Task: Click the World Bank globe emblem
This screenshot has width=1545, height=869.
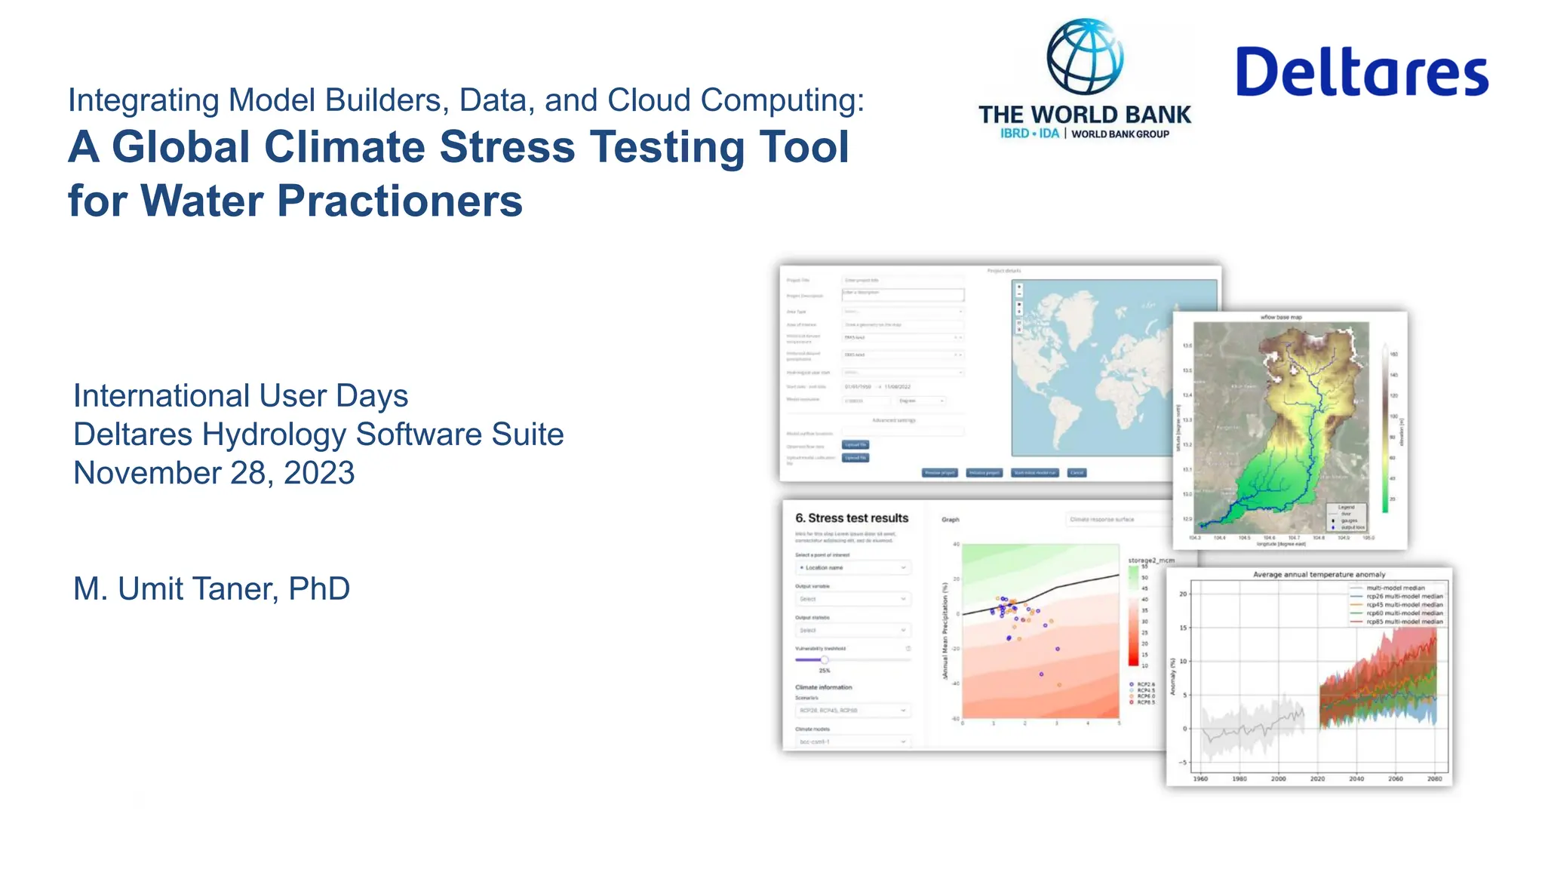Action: [1085, 57]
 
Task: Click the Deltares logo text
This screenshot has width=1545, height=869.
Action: [1362, 72]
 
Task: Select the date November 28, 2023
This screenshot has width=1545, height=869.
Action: [213, 473]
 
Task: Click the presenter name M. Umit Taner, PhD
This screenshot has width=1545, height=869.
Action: [211, 588]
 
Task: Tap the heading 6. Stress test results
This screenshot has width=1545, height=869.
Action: [852, 518]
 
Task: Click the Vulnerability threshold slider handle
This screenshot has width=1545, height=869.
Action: [825, 660]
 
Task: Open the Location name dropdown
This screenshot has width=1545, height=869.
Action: [853, 567]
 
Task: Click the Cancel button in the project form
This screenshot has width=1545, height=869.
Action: [1077, 473]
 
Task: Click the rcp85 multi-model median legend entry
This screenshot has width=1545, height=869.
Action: [1403, 622]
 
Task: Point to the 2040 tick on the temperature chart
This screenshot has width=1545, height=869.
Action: [1356, 778]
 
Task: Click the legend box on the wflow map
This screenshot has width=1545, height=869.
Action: [1346, 517]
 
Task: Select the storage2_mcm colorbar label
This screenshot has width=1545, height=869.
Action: [1151, 560]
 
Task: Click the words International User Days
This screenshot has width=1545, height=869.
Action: [241, 396]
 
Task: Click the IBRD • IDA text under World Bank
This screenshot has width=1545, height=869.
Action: [1029, 134]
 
